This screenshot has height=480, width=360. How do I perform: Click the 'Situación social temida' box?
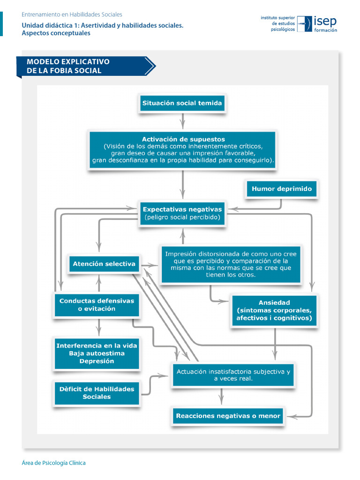pos(182,103)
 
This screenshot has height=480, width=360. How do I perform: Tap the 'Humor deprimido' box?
pos(281,189)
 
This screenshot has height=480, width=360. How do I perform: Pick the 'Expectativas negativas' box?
pos(182,213)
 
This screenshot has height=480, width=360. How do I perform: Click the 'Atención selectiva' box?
pos(104,264)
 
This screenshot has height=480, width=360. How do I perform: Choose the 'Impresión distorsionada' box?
pos(231,264)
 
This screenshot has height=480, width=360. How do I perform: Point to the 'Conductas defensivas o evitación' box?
pos(97,305)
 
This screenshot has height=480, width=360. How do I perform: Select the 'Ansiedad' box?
pos(274,310)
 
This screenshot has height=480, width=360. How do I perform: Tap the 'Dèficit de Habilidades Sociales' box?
pos(97,393)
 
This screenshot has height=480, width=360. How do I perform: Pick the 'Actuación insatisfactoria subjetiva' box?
pos(233,375)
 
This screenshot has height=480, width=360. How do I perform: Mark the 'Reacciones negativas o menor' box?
pos(228,416)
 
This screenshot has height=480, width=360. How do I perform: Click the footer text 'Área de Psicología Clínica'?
pos(54,463)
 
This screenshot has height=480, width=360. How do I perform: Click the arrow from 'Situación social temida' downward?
pos(183,121)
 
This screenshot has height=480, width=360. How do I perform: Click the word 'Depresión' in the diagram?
pos(97,361)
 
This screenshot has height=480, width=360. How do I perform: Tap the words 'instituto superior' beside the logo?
pos(278,17)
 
